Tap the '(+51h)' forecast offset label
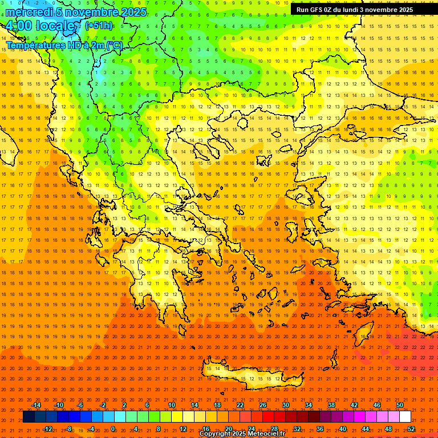coord(99,26)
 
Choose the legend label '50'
coord(399,405)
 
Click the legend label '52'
coord(411,429)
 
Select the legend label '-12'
coord(48,429)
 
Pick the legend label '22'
coord(240,405)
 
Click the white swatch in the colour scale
coord(405,417)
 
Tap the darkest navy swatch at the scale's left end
coord(29,417)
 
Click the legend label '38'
coord(331,405)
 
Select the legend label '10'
coord(172,405)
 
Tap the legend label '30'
coord(286,405)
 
